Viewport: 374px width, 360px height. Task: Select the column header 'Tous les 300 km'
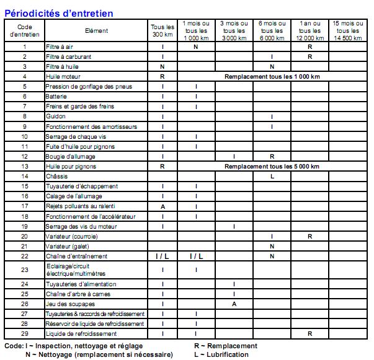[x=162, y=31]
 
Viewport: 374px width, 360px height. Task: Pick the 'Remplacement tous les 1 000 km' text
[x=272, y=77]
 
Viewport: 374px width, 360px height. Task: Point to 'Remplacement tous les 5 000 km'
[x=272, y=167]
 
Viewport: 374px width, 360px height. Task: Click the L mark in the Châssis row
[x=272, y=177]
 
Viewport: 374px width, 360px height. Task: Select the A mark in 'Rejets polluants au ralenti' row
[x=163, y=206]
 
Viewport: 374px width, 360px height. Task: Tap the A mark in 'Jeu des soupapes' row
[x=234, y=304]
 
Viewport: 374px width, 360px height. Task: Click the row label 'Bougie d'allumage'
[x=68, y=157]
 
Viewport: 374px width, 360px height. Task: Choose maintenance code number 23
[x=25, y=270]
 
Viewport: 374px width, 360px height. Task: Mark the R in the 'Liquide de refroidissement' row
[x=309, y=334]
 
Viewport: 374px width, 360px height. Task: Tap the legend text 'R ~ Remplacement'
[x=225, y=346]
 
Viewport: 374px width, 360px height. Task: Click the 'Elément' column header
[x=96, y=31]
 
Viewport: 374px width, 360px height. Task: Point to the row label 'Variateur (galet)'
[x=68, y=247]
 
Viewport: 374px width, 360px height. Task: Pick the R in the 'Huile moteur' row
[x=163, y=77]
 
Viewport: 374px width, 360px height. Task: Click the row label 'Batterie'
[x=56, y=97]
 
